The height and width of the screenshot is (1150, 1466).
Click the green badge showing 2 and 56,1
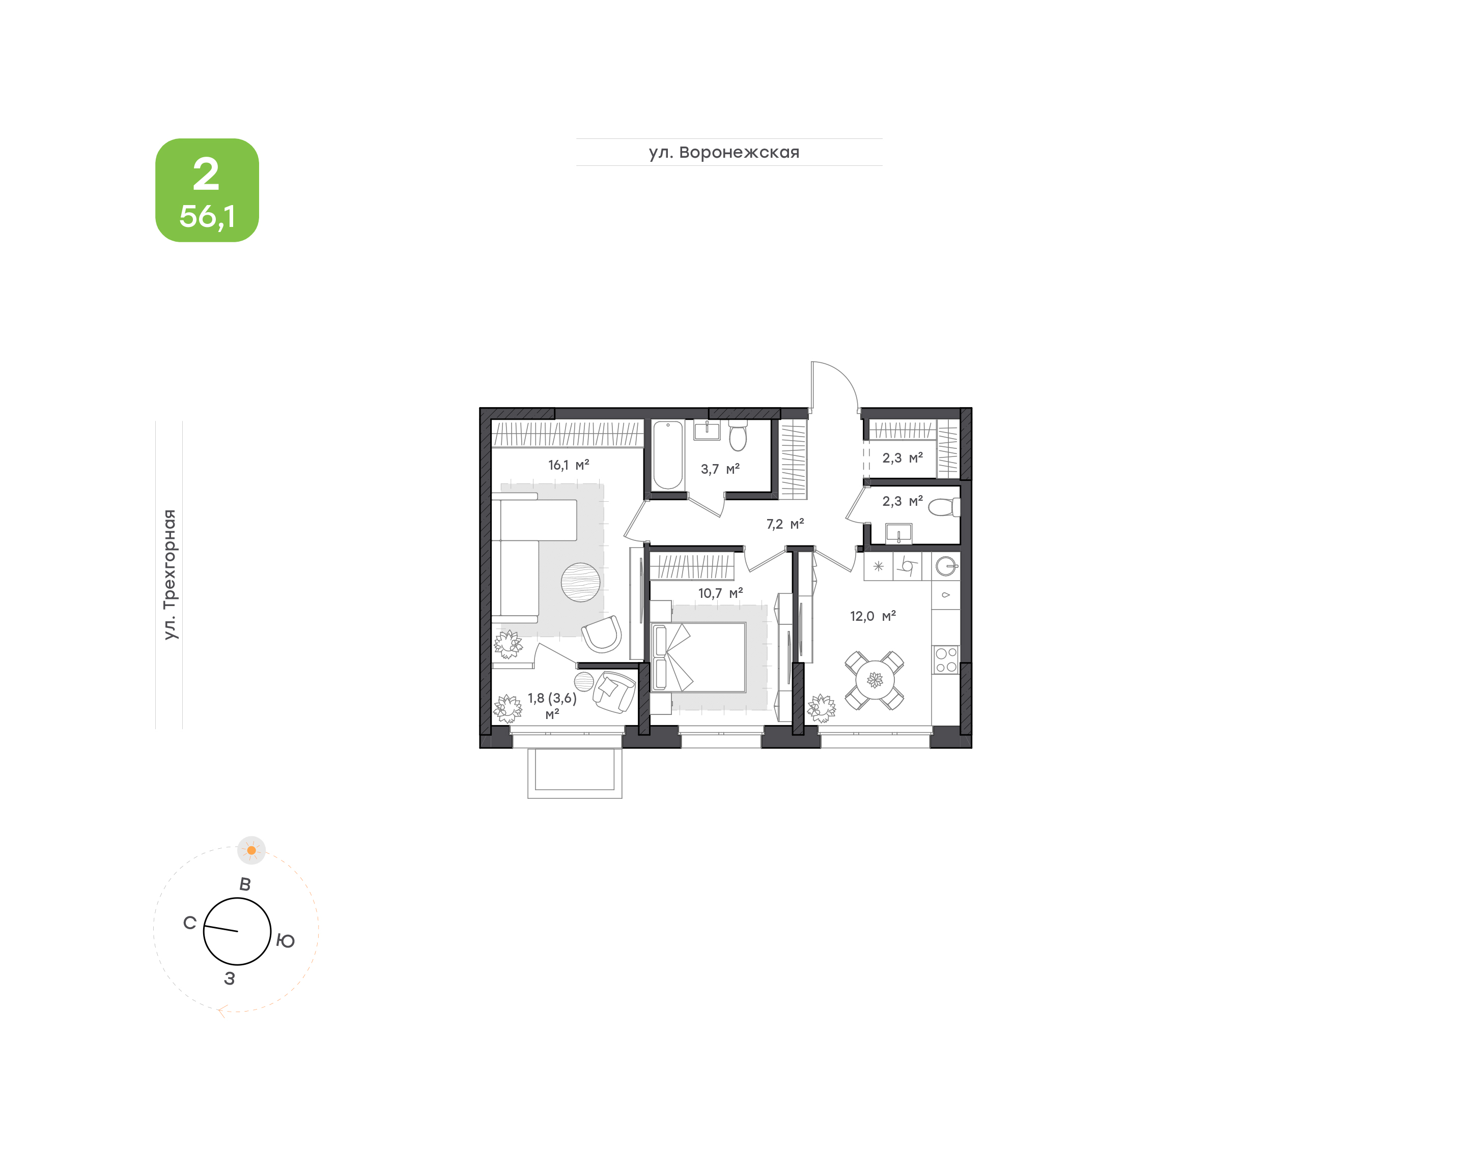coord(207,190)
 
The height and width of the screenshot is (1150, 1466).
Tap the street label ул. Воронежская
coord(724,152)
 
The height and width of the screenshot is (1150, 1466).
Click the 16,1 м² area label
coord(569,465)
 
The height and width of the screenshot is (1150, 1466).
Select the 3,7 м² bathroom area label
coord(720,469)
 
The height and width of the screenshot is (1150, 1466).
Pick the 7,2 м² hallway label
coord(784,524)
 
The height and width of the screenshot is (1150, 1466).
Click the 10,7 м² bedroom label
coord(720,593)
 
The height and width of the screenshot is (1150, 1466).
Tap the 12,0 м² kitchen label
coord(873,616)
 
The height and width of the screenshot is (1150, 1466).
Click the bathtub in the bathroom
coord(667,455)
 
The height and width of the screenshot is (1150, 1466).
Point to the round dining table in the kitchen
coord(875,680)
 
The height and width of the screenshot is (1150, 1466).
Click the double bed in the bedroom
coord(698,657)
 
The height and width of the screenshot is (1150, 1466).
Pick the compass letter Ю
coord(286,940)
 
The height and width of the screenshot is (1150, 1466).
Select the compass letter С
coord(190,923)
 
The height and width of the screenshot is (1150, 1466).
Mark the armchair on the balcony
coord(613,691)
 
